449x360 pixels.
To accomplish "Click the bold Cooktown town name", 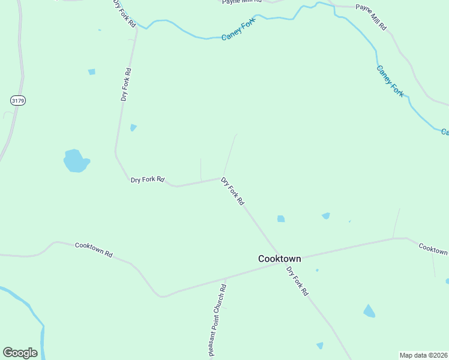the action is [x=279, y=259].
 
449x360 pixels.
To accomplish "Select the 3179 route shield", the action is [x=17, y=101].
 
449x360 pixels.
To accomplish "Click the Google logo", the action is [x=20, y=353].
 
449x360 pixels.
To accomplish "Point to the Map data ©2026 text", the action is [x=424, y=355].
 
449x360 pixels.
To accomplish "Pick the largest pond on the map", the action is [x=76, y=161].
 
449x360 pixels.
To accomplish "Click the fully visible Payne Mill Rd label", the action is [x=371, y=17].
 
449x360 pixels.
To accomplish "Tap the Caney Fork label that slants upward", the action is [x=238, y=29].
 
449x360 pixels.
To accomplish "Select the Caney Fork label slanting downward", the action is [x=390, y=81].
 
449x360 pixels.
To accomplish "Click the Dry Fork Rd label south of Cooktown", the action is [x=297, y=281].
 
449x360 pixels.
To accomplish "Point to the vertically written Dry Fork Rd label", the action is [x=125, y=84].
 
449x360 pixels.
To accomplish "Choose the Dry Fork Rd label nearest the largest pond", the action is [x=147, y=179].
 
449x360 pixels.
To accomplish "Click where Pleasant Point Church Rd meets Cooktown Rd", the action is [x=225, y=278].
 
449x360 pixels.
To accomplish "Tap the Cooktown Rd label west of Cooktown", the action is [x=94, y=250].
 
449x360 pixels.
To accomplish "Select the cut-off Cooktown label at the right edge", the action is [x=433, y=248].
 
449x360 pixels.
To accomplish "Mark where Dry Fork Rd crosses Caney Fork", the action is [x=137, y=25].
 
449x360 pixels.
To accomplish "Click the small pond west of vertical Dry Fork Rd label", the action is [x=92, y=72].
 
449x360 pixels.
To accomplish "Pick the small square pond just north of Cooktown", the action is [x=281, y=219].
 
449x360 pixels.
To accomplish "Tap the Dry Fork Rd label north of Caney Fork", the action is [x=125, y=12].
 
